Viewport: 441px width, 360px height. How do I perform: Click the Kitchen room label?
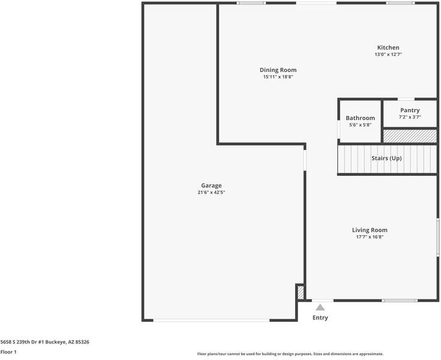(x=388, y=48)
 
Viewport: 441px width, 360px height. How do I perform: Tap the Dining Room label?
(x=278, y=70)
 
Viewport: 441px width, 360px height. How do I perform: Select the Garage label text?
(x=211, y=185)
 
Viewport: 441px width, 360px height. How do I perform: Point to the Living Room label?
(x=369, y=230)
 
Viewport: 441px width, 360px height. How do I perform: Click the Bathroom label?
(x=360, y=118)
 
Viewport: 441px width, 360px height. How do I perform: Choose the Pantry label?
(x=410, y=110)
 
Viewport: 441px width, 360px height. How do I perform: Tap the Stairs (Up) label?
(x=386, y=158)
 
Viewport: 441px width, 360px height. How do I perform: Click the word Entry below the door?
(x=320, y=318)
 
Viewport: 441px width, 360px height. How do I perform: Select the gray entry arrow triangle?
(x=320, y=307)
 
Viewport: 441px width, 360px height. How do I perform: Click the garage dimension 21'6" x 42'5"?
(x=211, y=193)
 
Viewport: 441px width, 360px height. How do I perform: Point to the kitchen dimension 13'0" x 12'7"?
(x=388, y=55)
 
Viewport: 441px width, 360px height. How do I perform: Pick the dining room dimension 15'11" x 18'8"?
(x=278, y=77)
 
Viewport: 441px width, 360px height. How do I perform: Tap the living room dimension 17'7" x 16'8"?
(x=369, y=237)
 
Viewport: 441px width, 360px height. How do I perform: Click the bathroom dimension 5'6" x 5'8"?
(x=360, y=125)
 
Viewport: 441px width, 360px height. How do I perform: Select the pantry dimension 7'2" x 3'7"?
(x=410, y=117)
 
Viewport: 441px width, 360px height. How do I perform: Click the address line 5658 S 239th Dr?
(x=45, y=341)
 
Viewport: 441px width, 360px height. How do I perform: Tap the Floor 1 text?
(x=8, y=352)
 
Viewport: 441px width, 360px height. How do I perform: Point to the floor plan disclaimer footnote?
(x=290, y=354)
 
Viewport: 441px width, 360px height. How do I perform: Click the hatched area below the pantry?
(x=410, y=136)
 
